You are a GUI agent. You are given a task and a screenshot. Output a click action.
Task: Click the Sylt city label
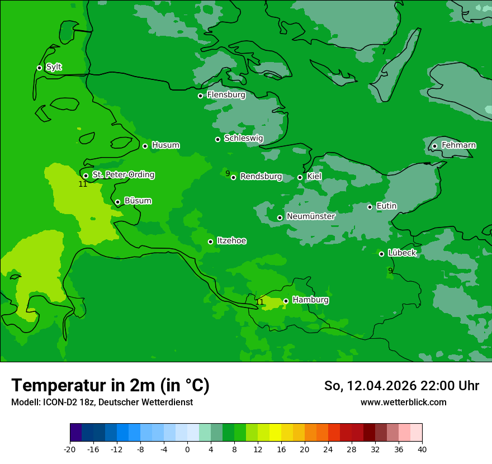point(54,67)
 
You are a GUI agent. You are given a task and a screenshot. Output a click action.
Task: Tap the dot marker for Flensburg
point(200,96)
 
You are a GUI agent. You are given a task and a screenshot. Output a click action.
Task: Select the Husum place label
point(165,145)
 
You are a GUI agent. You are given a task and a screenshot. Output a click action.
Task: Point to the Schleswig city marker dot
point(217,139)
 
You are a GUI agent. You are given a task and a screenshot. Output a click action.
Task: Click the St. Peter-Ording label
point(123,175)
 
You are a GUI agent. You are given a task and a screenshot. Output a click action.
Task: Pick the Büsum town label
point(138,201)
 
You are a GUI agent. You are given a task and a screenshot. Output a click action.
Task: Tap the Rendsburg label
point(261,177)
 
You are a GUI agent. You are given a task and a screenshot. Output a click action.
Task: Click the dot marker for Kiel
point(300,177)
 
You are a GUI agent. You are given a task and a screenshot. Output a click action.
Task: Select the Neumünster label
point(311,216)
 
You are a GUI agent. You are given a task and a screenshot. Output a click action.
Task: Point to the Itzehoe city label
point(231,241)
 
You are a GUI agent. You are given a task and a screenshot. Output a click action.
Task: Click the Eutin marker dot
point(370,207)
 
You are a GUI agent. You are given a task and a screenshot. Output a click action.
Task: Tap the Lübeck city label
point(402,253)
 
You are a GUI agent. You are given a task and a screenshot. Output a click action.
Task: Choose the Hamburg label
point(310,300)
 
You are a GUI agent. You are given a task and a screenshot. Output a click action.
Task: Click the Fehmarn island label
point(458,145)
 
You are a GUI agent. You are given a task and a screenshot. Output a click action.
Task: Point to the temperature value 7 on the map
point(384,51)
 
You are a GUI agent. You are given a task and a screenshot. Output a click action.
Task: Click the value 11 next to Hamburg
point(259,302)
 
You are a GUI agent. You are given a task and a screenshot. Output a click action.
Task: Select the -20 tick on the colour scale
point(70,449)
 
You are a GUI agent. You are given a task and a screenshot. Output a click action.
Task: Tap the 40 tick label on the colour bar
point(422,449)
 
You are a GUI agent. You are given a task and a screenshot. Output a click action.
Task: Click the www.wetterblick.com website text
point(403,402)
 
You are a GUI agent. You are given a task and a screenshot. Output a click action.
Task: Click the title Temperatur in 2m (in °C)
point(110,385)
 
